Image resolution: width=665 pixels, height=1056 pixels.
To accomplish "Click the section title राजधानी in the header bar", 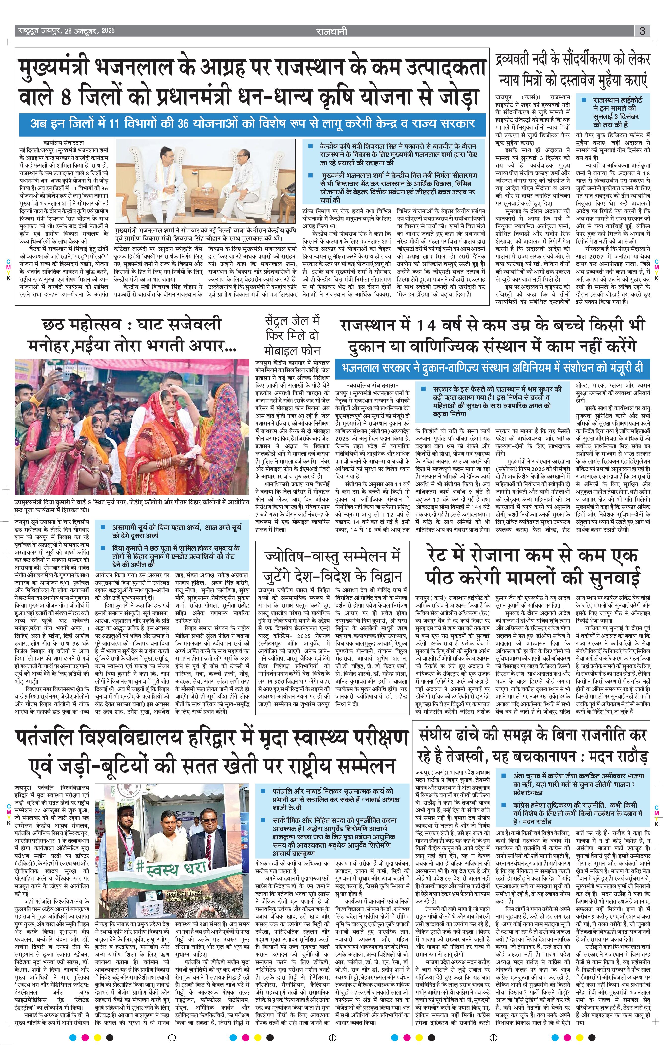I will [x=332, y=31].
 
